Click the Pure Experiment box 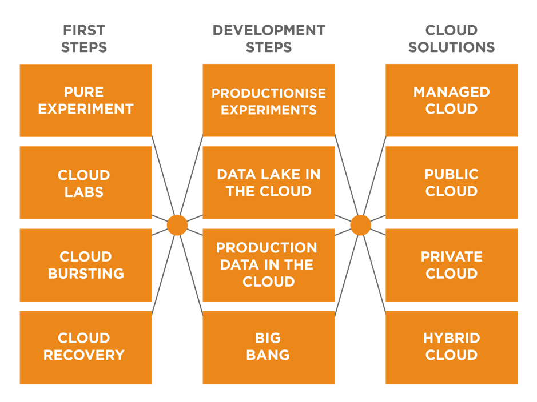point(86,100)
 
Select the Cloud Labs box point(86,183)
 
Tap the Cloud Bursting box point(86,265)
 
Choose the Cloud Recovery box point(86,347)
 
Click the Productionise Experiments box point(269,100)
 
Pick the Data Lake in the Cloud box point(269,183)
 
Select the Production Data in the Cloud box point(269,265)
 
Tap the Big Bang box point(269,347)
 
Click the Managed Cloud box point(452,100)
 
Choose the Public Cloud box point(452,183)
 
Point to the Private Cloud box point(452,265)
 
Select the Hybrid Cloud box point(452,347)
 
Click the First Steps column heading point(84,38)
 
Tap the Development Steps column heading point(269,38)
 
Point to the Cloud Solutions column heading point(452,38)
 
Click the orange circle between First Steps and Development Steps point(177,225)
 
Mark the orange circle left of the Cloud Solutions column point(360,225)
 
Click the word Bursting point(86,274)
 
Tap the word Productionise point(269,93)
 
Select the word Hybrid point(452,338)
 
